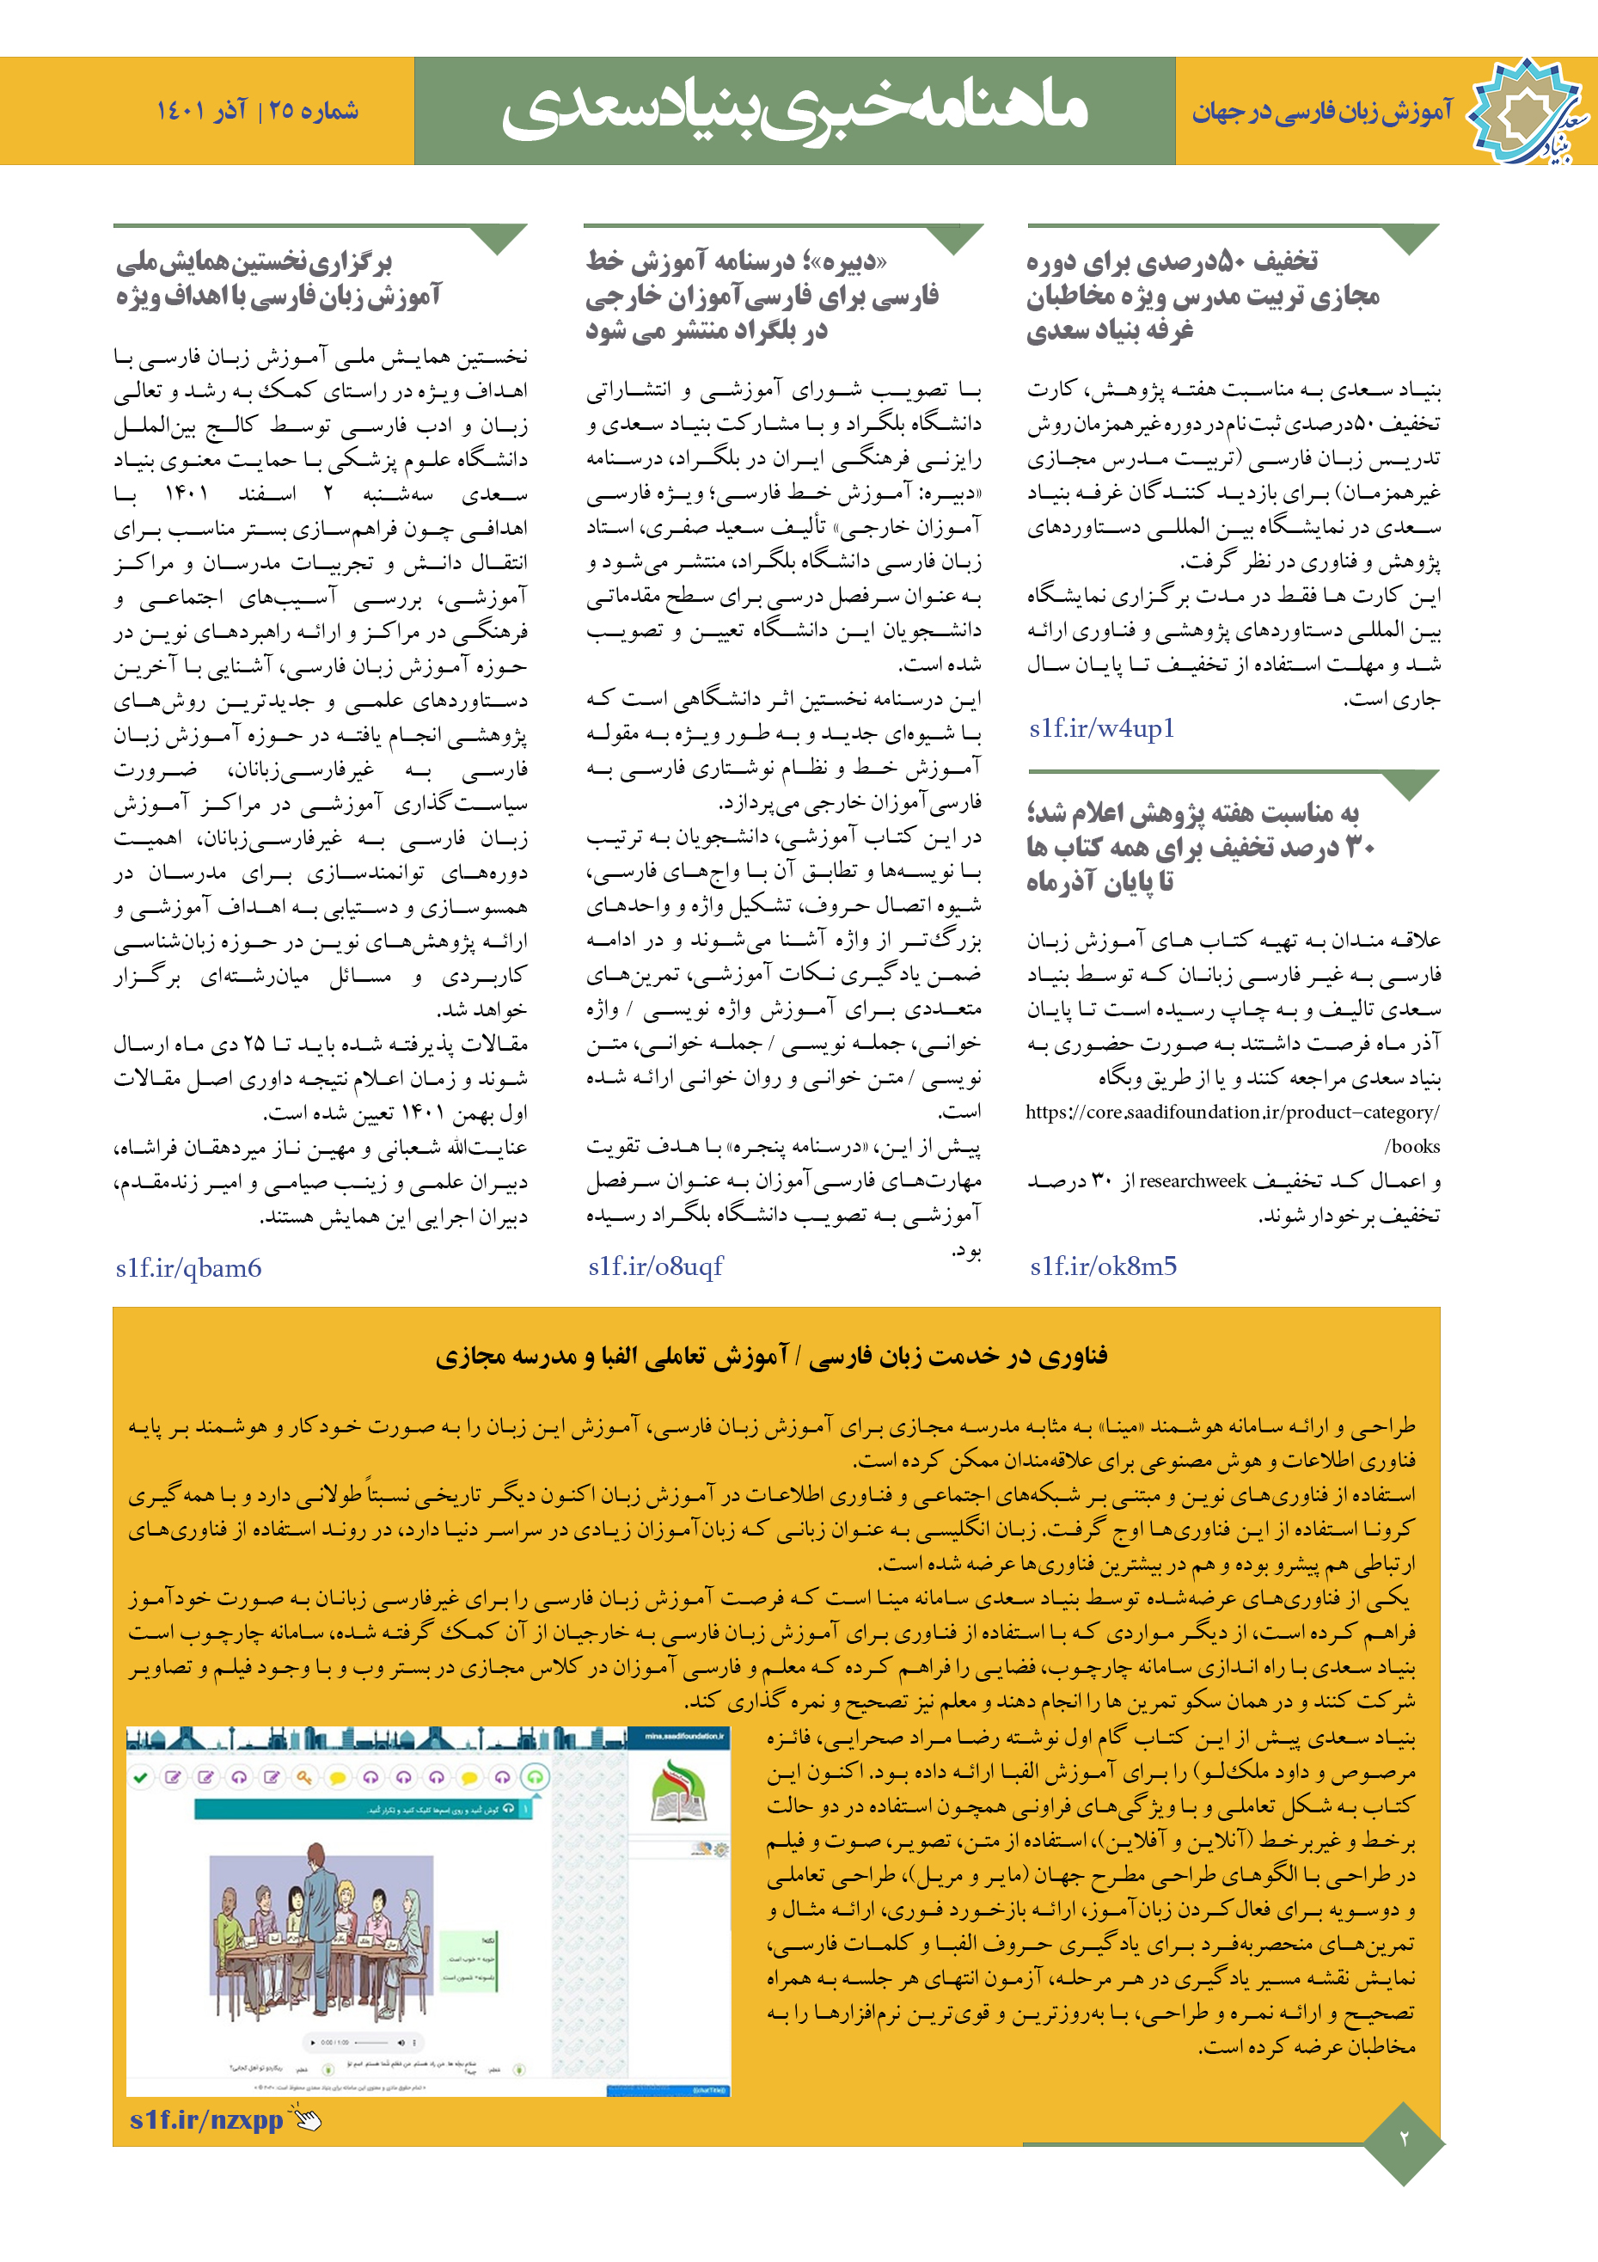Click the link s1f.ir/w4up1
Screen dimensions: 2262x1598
point(1101,728)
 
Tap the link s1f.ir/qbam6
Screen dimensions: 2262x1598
point(188,1268)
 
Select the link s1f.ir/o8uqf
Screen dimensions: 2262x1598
point(655,1266)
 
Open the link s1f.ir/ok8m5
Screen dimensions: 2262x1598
point(1103,1266)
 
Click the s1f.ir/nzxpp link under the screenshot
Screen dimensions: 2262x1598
point(206,2119)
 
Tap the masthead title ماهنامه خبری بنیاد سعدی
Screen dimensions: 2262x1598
point(794,109)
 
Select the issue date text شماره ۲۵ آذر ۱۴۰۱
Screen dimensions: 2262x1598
point(257,110)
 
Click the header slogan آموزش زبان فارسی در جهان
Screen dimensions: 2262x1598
point(1321,111)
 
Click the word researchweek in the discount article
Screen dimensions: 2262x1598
point(1192,1180)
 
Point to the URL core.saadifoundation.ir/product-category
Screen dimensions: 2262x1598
point(1232,1113)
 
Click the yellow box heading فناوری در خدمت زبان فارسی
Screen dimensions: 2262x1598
point(771,1357)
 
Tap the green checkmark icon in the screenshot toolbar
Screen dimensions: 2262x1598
point(141,1777)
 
